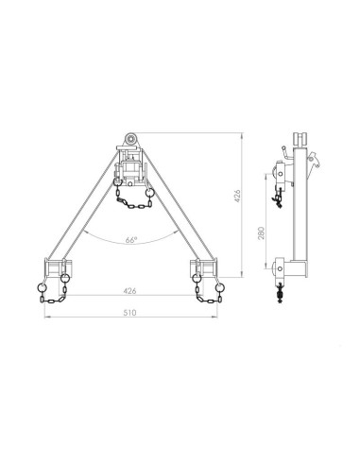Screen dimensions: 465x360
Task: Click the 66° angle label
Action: (130, 240)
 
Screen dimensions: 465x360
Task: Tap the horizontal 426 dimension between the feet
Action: (130, 291)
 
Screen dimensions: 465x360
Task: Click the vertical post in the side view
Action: (300, 217)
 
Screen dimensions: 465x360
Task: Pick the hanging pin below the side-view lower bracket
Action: (281, 295)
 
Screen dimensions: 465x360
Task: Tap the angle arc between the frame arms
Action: (130, 230)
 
